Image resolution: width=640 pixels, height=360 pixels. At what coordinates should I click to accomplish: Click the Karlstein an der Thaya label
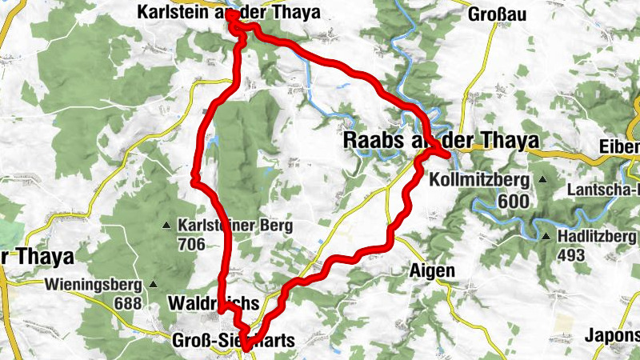(228, 13)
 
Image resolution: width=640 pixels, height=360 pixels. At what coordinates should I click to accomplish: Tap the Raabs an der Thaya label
(441, 140)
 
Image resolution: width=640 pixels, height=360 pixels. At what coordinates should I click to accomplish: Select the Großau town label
(496, 14)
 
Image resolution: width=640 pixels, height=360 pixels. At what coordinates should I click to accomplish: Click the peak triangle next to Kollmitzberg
(542, 180)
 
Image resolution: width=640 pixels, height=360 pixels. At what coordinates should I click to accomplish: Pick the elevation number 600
(513, 201)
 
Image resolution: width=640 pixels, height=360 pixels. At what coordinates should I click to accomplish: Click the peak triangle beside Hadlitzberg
(546, 237)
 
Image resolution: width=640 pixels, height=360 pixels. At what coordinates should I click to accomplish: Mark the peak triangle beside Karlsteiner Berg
(167, 225)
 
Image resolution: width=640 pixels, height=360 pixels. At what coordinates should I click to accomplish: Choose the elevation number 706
(192, 244)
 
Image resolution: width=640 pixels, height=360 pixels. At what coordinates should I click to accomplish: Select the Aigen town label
(432, 270)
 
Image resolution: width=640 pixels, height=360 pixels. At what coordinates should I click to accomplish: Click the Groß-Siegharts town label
(234, 341)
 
